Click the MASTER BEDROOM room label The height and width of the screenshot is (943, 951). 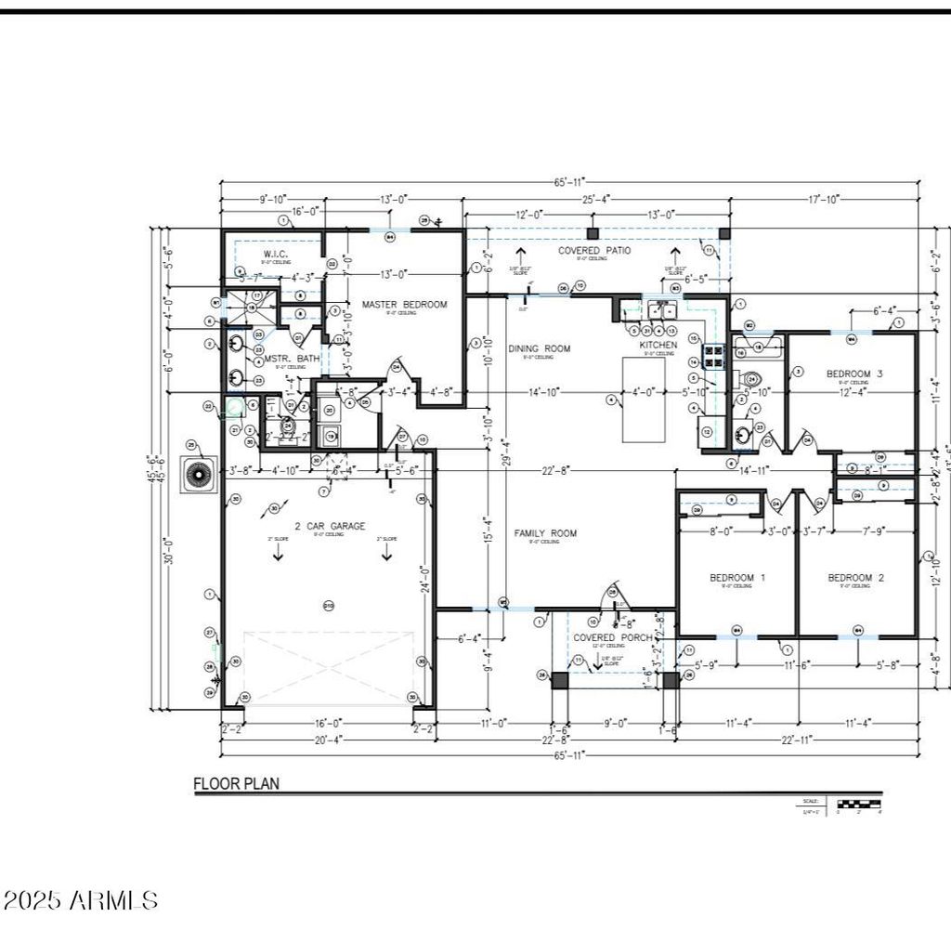[x=404, y=304]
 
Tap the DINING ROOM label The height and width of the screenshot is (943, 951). [x=539, y=348]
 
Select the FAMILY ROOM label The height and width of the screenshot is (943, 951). [x=545, y=533]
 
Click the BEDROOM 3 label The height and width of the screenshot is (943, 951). [x=853, y=373]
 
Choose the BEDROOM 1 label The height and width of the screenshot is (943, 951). [x=737, y=578]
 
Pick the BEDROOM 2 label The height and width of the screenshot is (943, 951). [x=855, y=578]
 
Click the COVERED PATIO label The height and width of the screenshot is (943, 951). [x=594, y=251]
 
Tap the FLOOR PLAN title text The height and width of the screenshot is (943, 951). [x=236, y=783]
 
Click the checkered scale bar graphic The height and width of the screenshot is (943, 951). [x=859, y=803]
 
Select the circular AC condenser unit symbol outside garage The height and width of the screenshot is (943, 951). [x=199, y=475]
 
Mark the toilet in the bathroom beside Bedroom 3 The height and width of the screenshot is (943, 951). [x=751, y=379]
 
